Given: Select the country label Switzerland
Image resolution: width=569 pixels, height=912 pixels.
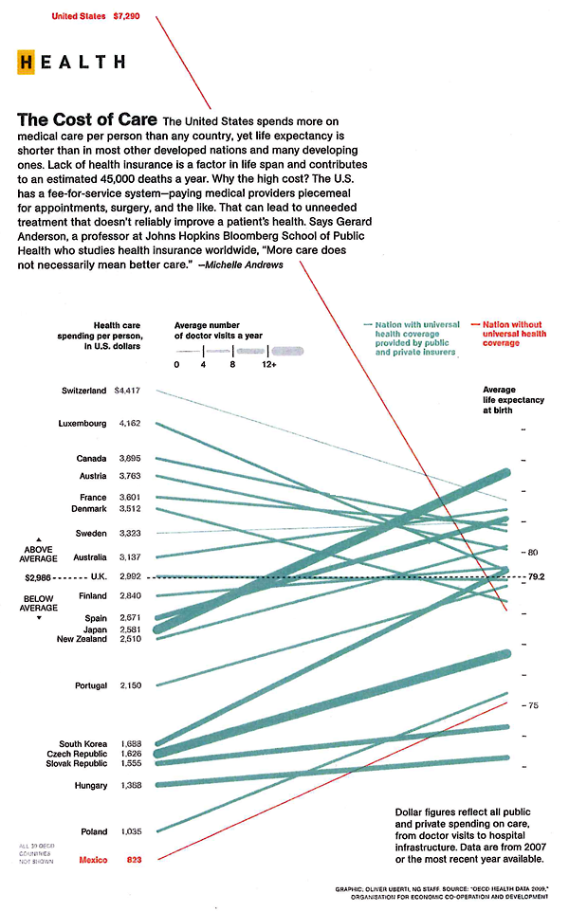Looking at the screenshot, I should [83, 391].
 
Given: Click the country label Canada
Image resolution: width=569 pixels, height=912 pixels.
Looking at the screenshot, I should [91, 459].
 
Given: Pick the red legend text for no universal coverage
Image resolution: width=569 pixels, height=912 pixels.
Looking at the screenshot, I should [514, 333].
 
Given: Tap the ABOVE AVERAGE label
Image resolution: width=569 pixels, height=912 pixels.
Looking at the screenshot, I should [39, 554].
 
